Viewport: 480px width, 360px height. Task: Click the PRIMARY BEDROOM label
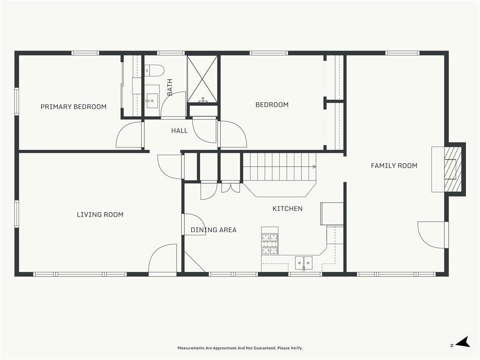74,106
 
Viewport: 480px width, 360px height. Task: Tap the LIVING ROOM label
100,215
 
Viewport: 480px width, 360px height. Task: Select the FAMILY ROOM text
394,165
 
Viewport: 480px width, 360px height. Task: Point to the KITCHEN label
287,209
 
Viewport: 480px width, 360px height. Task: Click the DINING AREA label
213,230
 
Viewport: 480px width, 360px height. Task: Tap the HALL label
180,131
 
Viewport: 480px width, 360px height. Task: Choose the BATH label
170,87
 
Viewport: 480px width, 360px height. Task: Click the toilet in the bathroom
154,70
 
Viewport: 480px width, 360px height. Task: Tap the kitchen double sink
304,263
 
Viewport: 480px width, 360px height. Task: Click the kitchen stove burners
270,244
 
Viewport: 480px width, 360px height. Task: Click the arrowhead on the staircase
315,166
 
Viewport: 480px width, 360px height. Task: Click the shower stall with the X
202,79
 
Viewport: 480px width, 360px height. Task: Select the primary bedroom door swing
129,135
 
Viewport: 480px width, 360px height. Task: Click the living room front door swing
163,258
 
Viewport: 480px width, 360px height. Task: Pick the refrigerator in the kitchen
332,214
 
